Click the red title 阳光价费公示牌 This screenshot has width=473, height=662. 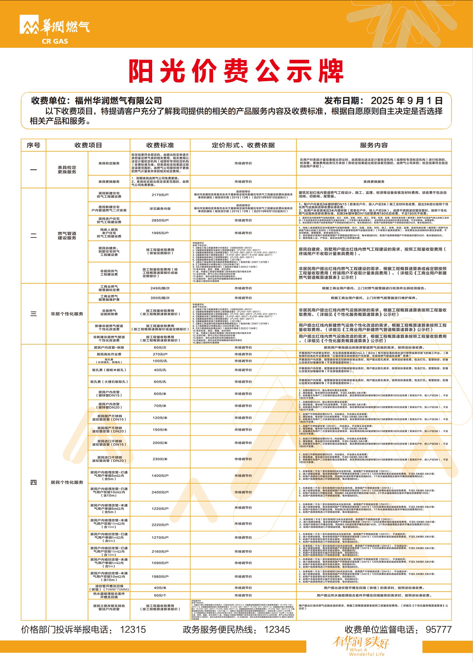236,71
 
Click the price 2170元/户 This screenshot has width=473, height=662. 160,195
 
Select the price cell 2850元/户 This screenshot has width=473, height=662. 160,220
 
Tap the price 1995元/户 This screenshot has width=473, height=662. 160,233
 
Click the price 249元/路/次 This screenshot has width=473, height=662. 160,288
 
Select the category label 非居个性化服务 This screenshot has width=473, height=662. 67,314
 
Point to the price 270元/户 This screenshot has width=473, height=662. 160,354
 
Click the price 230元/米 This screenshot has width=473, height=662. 160,459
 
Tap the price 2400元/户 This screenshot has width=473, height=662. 160,492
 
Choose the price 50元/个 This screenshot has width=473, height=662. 160,595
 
